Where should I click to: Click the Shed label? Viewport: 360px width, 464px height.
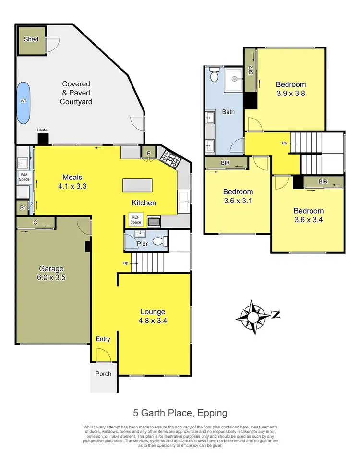pyautogui.click(x=31, y=40)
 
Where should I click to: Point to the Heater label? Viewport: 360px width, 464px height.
pyautogui.click(x=43, y=130)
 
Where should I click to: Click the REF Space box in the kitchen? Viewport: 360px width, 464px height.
pyautogui.click(x=136, y=220)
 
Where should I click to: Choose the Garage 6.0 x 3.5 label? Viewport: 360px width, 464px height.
pyautogui.click(x=51, y=273)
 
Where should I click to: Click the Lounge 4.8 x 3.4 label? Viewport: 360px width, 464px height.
pyautogui.click(x=153, y=315)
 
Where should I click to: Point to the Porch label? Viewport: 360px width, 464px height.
pyautogui.click(x=103, y=374)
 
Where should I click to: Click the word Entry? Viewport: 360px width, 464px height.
pyautogui.click(x=103, y=339)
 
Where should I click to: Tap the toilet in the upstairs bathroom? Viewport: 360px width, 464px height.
pyautogui.click(x=215, y=76)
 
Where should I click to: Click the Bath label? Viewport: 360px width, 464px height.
pyautogui.click(x=228, y=112)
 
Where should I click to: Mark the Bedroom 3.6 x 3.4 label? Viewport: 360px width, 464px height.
pyautogui.click(x=309, y=215)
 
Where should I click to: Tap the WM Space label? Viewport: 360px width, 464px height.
pyautogui.click(x=24, y=177)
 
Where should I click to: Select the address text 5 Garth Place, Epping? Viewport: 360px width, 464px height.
pyautogui.click(x=180, y=413)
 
